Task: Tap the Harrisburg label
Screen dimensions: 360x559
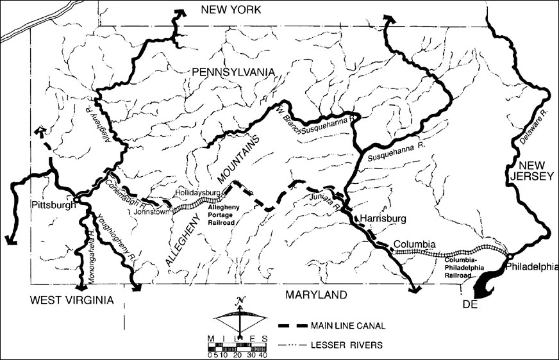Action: pos(383,218)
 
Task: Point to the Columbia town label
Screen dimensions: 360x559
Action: pos(415,244)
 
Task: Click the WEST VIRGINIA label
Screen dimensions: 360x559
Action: pos(65,300)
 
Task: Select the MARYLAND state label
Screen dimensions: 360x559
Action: pos(317,295)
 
